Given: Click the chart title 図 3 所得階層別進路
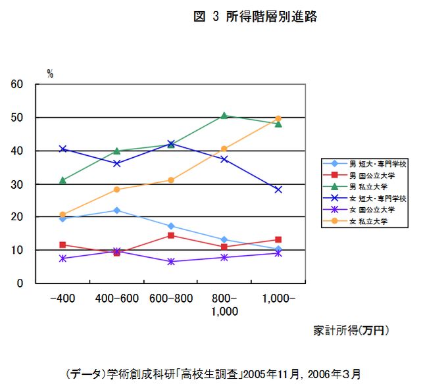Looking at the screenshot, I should (x=255, y=17).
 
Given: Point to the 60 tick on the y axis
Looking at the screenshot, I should (x=17, y=84).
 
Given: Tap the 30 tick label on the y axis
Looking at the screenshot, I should (x=17, y=184).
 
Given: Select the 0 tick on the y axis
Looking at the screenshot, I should (x=20, y=283).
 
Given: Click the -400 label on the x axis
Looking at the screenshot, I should (x=62, y=299).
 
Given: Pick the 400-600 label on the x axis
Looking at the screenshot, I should (x=116, y=299).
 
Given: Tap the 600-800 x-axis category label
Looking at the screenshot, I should (x=170, y=299).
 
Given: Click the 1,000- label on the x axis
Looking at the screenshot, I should (x=278, y=299).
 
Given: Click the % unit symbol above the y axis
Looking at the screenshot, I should (x=50, y=74).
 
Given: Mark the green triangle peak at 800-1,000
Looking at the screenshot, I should (x=224, y=116).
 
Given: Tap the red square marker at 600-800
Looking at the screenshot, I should (x=170, y=235).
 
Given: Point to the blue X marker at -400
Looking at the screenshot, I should (x=62, y=149).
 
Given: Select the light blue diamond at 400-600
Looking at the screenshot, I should (x=116, y=210).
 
